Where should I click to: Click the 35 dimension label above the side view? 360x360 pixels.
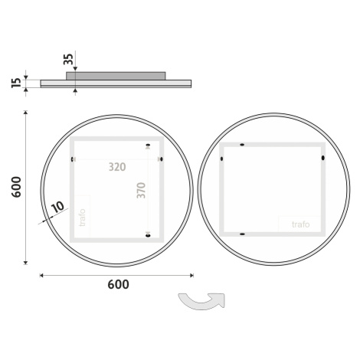coord(68,59)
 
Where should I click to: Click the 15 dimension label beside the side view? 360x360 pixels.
coord(16,83)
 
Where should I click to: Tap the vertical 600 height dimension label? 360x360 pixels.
coord(16,187)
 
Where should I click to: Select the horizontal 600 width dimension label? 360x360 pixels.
coord(118,284)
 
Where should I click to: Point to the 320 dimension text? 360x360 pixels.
coord(117,167)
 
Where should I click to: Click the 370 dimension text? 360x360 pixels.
coord(141,190)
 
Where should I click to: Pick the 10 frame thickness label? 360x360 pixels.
coord(58,207)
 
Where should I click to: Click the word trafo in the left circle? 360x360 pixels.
coord(82,218)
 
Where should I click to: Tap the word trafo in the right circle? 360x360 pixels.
coord(301,224)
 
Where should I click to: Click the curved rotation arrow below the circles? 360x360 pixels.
coord(201,303)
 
